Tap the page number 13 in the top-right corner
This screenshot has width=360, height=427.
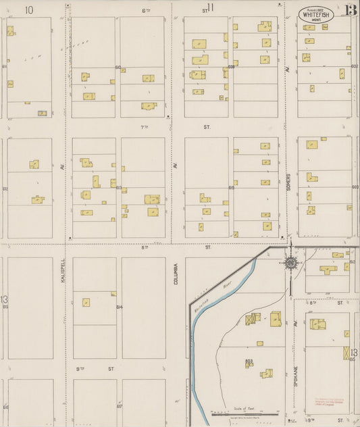tap(351, 9)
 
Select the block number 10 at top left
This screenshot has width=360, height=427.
tap(28, 9)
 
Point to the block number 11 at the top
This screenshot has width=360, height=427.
tap(211, 8)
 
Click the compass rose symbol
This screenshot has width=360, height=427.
tap(291, 262)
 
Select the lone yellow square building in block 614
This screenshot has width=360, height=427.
tap(86, 303)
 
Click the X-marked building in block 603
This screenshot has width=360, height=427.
tap(250, 319)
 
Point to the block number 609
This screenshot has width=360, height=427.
tap(231, 67)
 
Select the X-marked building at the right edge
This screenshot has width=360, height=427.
tap(347, 353)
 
